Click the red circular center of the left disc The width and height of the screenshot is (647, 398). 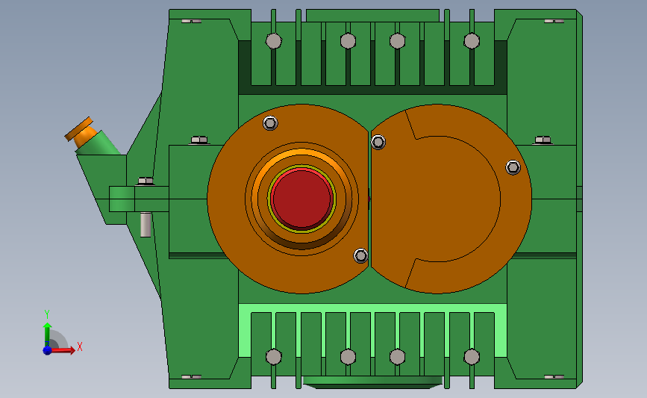pyautogui.click(x=301, y=199)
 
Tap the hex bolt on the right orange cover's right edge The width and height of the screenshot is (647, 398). pyautogui.click(x=513, y=167)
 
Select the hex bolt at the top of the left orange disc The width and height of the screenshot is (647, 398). pyautogui.click(x=270, y=122)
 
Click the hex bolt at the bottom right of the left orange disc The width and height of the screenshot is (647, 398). pyautogui.click(x=360, y=255)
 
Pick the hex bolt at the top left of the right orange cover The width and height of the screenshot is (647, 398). pyautogui.click(x=378, y=142)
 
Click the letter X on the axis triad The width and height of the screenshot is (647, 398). pyautogui.click(x=80, y=346)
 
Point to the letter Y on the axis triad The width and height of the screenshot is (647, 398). pyautogui.click(x=46, y=314)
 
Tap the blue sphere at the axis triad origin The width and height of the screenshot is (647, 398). pyautogui.click(x=47, y=350)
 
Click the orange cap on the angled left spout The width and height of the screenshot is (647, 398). pyautogui.click(x=81, y=131)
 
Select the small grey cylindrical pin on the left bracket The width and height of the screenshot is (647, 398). pyautogui.click(x=146, y=225)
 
